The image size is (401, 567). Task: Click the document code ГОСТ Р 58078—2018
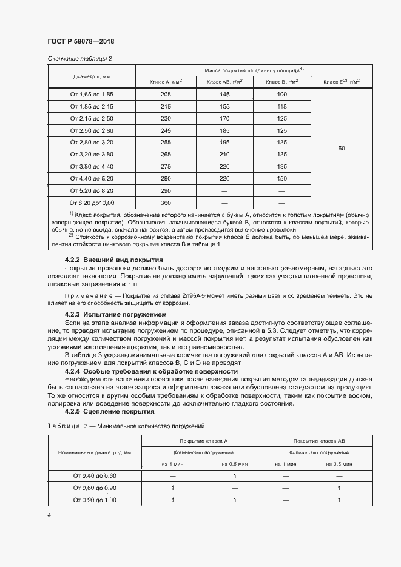[81, 41]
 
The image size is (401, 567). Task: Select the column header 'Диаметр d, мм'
[92, 76]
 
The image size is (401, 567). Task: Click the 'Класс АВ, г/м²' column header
[224, 82]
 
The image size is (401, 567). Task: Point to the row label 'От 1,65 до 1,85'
[92, 95]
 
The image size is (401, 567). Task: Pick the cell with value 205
[166, 95]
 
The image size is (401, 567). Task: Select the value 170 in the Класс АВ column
[224, 118]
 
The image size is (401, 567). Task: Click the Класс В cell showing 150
[281, 179]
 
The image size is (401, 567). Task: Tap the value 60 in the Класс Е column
[342, 149]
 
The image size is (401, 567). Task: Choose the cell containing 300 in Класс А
[166, 203]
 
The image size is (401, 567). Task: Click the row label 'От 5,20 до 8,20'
[92, 191]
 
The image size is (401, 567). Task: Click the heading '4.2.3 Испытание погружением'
[106, 315]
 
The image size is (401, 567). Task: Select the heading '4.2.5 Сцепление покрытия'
[104, 411]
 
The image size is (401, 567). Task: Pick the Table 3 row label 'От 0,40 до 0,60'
[94, 475]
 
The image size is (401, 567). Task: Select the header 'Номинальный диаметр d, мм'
[94, 453]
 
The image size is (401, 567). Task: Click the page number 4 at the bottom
[49, 515]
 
